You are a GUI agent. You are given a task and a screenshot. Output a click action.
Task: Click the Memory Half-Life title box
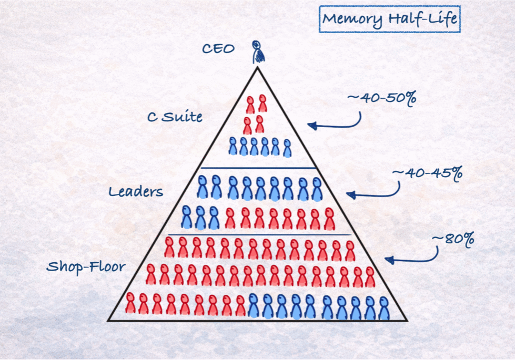[390, 20]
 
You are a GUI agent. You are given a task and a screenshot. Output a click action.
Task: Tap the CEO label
[218, 49]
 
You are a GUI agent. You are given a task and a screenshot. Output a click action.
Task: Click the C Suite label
[175, 117]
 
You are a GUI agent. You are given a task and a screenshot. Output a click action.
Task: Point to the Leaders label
[136, 192]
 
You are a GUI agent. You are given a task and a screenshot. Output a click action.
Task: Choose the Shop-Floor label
[86, 266]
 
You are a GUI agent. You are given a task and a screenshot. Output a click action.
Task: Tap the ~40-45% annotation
[427, 172]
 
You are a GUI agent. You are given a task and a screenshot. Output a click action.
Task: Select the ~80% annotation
[453, 239]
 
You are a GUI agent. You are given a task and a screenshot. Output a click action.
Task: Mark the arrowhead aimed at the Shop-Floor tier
[389, 259]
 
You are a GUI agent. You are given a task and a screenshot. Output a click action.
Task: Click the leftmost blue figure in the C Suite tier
[233, 146]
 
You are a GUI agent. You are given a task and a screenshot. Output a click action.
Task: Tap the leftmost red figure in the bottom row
[129, 303]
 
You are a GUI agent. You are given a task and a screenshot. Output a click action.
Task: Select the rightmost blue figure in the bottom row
[383, 308]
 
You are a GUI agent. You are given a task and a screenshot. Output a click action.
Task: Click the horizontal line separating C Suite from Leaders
[258, 168]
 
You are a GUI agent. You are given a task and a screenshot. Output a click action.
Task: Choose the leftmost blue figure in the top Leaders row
[202, 187]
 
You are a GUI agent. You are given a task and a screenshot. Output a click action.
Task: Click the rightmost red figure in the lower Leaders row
[329, 219]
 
